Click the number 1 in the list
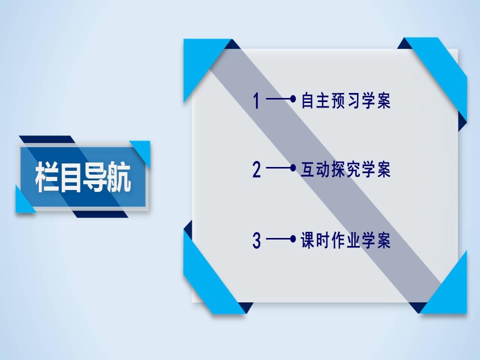256,101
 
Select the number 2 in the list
256,170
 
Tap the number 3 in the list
256,241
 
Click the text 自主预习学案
345,101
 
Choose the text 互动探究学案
345,170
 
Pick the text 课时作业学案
345,241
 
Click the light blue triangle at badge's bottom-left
22,202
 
